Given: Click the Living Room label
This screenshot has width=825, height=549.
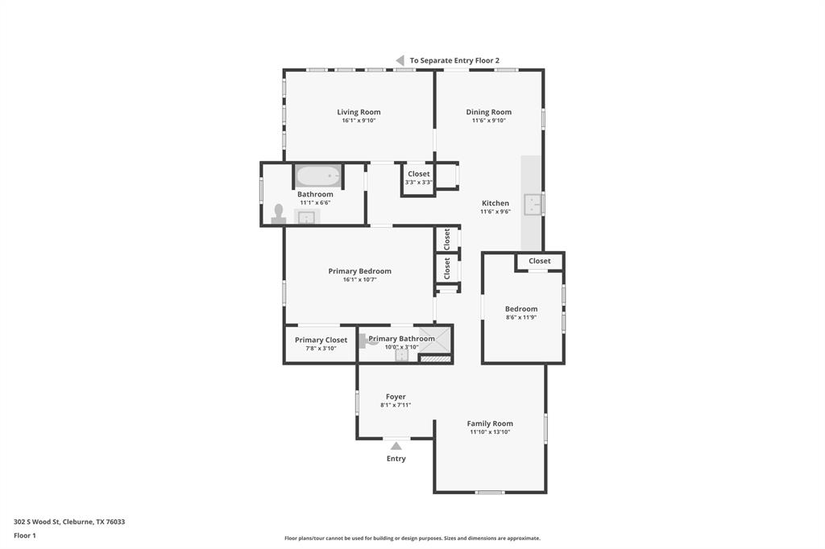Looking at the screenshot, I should pos(359,112).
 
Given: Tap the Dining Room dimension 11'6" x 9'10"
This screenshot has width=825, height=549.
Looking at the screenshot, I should pos(488,121).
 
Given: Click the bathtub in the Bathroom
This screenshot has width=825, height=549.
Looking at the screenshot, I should pos(318,175).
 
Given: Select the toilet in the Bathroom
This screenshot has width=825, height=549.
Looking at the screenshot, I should pos(279,213).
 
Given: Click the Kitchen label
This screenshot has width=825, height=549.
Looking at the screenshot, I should pos(495,203).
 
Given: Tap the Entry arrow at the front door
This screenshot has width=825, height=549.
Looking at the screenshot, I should pos(396,445).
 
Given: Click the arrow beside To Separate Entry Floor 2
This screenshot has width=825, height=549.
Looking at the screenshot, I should pos(400,60).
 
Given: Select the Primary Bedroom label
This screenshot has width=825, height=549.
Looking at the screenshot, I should pos(359,271).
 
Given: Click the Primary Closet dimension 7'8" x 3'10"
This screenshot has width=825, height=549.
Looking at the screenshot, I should pos(321,349).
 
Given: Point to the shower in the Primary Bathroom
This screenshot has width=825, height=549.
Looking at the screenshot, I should pos(436,340).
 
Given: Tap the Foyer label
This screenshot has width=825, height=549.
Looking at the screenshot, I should pos(396,396).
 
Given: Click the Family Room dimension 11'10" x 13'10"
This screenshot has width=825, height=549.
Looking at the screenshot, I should pos(490,432).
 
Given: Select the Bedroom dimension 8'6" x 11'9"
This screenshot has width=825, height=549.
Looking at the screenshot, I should pos(520,317).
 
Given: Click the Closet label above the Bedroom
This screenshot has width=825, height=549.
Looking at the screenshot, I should pos(540,261).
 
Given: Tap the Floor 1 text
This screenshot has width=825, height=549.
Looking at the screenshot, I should pos(25,535).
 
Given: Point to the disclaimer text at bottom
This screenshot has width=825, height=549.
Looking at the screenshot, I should pos(412,538).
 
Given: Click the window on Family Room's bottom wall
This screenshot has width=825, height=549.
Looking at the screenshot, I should pos(490,492).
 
